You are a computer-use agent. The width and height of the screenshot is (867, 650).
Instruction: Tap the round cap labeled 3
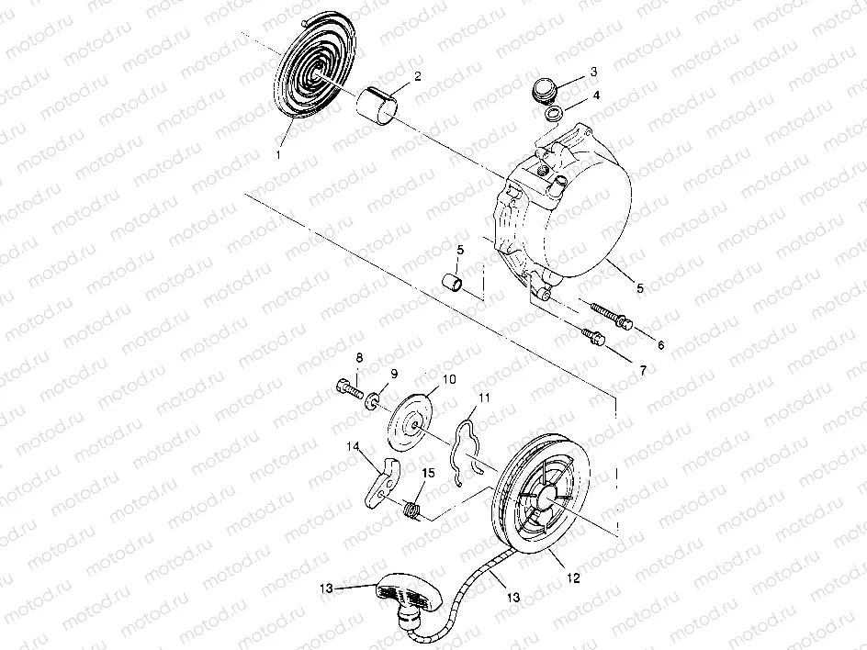(545, 91)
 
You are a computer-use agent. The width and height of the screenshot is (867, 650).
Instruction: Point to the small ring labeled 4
(554, 114)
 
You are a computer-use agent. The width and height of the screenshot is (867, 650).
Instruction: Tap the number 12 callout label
(572, 579)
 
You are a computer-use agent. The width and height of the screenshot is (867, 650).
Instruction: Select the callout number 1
(277, 156)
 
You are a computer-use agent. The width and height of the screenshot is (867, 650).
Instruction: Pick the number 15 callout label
(428, 473)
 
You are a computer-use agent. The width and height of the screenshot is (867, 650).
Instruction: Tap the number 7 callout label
(643, 369)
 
